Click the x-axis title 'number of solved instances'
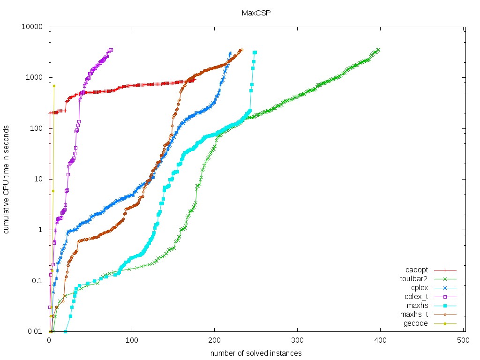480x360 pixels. [x=255, y=353]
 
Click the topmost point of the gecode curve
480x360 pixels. [x=54, y=86]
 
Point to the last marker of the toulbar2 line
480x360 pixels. [x=378, y=49]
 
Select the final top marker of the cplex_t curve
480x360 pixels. [x=112, y=50]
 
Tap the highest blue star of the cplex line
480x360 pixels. [x=230, y=53]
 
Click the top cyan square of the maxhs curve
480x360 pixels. [x=255, y=52]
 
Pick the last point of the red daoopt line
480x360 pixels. [x=194, y=80]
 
